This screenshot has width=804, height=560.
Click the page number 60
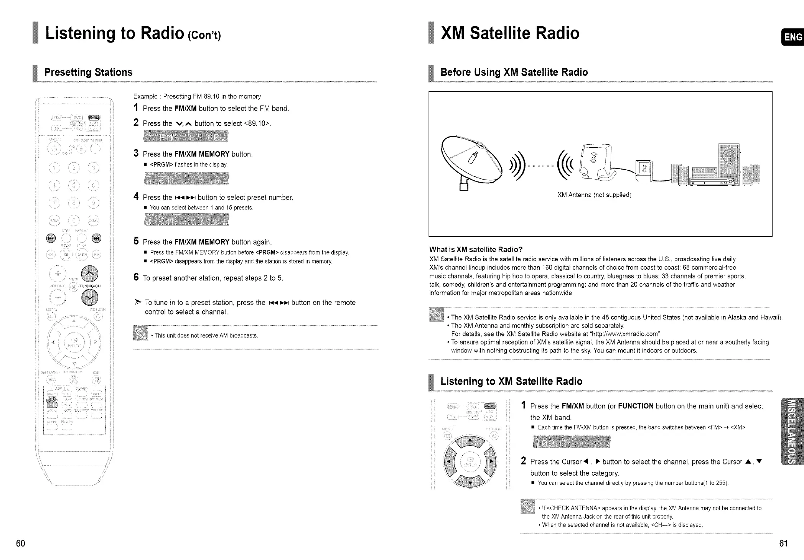coord(21,543)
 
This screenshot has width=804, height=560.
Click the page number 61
coord(783,543)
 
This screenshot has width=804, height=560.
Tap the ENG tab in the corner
coord(792,37)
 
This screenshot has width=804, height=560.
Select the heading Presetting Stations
coord(88,72)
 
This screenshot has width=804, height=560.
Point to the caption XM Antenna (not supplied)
coord(594,195)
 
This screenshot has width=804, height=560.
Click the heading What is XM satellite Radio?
coord(476,249)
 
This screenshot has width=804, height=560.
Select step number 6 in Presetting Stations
coord(136,277)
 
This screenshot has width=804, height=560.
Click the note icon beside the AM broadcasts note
coord(140,333)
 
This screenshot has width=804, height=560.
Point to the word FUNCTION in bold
coord(636,406)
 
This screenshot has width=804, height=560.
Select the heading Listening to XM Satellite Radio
coord(511,381)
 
